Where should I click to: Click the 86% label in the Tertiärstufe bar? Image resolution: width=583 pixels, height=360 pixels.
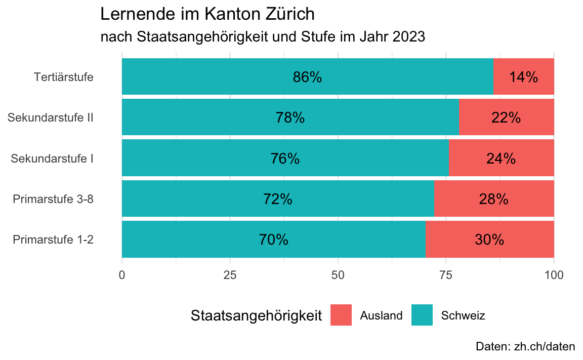tap(307, 77)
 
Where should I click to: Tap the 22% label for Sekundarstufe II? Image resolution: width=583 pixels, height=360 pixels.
tap(506, 117)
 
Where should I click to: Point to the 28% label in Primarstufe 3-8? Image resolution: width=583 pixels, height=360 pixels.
tap(493, 199)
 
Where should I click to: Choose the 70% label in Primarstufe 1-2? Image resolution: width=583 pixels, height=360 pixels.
tap(273, 239)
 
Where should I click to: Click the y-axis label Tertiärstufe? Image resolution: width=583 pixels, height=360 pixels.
tap(64, 77)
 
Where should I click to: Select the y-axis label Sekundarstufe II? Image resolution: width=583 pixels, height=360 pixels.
tap(51, 118)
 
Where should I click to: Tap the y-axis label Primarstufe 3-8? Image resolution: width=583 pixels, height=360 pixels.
tap(53, 199)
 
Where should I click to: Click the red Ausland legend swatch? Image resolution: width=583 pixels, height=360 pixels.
tap(341, 315)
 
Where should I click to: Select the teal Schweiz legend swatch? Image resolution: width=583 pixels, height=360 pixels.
tap(422, 315)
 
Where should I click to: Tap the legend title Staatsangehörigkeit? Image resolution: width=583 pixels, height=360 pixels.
tap(257, 315)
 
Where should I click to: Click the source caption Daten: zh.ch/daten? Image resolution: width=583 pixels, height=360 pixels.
tap(525, 347)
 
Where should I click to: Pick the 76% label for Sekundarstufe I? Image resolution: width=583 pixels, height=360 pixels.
tap(285, 158)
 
